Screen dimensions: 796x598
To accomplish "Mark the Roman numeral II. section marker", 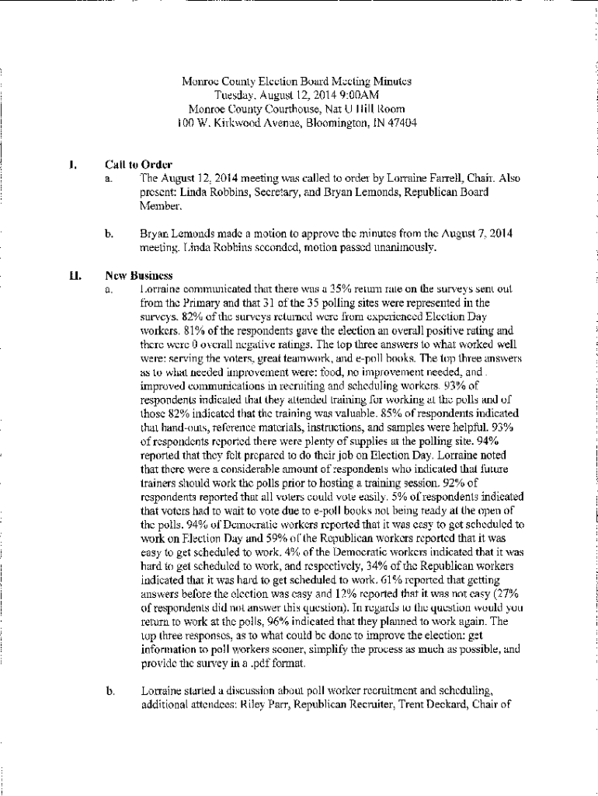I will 71,276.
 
